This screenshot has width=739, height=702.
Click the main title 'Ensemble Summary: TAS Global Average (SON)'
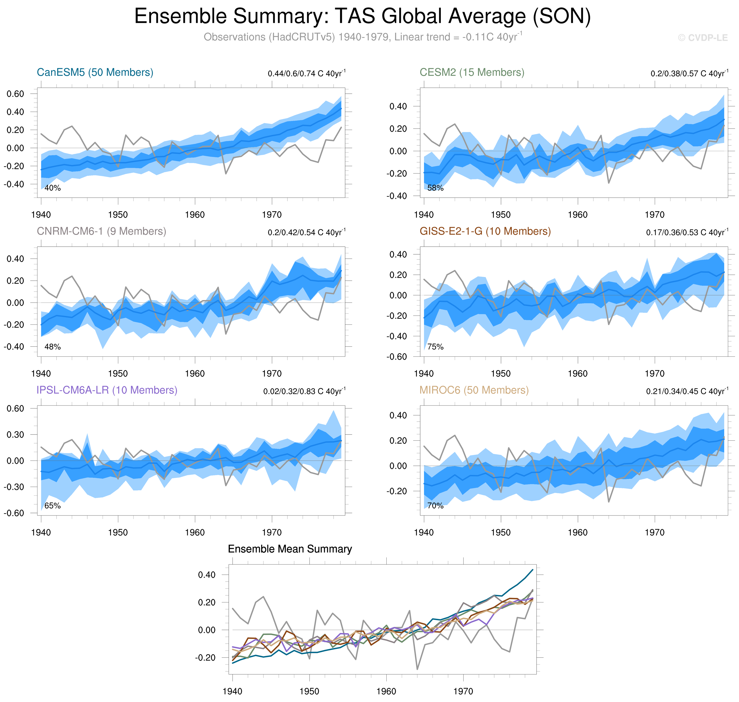[x=362, y=17]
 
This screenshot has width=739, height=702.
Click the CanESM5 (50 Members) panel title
[x=95, y=72]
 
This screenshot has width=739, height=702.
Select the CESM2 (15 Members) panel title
[x=472, y=72]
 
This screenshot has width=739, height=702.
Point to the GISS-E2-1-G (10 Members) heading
[x=485, y=231]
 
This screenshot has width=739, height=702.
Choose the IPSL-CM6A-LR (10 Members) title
[x=107, y=390]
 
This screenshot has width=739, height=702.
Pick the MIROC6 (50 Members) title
[x=474, y=390]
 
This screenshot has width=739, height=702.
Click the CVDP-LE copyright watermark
[x=703, y=38]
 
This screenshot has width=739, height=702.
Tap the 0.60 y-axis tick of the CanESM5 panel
[x=15, y=94]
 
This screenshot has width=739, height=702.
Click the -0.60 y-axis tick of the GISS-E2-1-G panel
[x=397, y=357]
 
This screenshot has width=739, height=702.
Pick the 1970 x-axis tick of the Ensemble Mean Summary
[x=463, y=691]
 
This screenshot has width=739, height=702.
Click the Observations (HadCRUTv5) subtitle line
[x=362, y=37]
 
